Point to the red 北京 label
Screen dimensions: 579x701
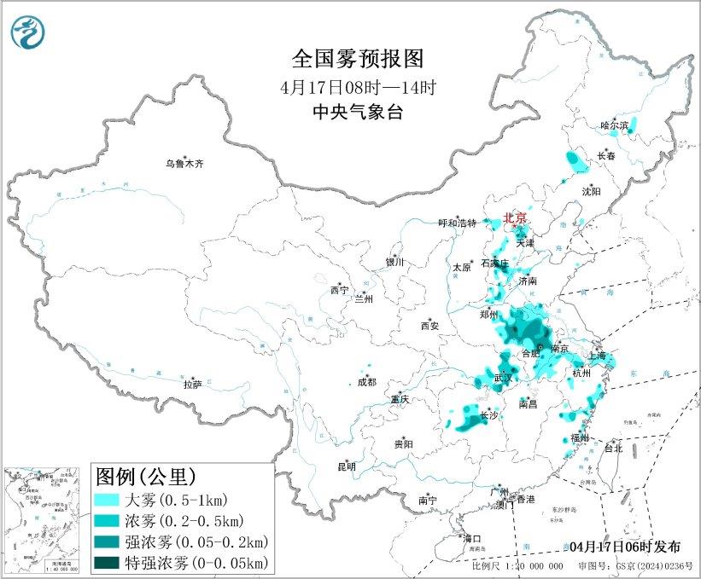(x=516, y=218)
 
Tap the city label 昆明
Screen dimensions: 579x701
(x=346, y=466)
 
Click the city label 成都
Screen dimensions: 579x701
(x=366, y=382)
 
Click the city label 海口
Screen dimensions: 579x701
(x=471, y=538)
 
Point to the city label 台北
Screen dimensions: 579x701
(x=613, y=447)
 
